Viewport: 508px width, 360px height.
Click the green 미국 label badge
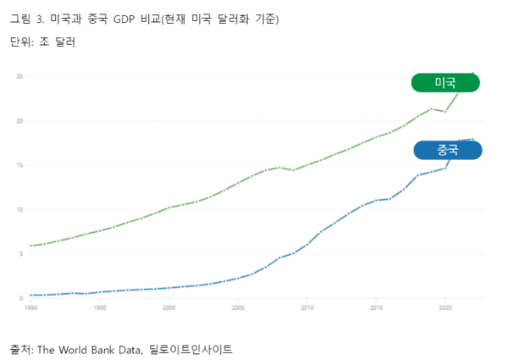[445, 82]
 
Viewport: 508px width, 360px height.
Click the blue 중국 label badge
[448, 150]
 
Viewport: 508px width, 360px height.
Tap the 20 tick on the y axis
[19, 121]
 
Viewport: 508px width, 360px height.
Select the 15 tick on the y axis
[19, 165]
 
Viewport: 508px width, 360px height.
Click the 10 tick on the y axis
[19, 210]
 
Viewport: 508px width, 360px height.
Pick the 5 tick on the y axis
[20, 254]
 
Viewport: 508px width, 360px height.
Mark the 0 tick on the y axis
[20, 298]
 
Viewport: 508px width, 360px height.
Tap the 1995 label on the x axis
[101, 308]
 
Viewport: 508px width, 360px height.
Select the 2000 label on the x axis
[169, 308]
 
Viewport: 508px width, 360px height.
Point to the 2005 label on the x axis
[238, 308]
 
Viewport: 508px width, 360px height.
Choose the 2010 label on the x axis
[306, 308]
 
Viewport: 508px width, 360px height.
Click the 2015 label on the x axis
[376, 308]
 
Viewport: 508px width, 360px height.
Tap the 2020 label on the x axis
[444, 308]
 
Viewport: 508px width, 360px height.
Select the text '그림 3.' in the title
[27, 18]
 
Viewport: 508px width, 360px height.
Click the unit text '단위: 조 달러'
[42, 42]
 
